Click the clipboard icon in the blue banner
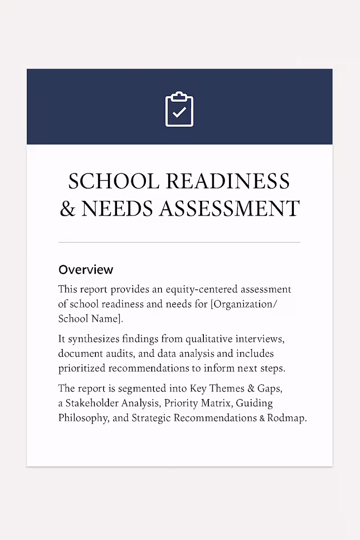tap(179, 109)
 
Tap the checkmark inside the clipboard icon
tap(179, 112)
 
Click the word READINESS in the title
tap(228, 181)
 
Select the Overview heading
tap(86, 270)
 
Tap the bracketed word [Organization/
tap(244, 304)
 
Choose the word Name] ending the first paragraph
tap(108, 319)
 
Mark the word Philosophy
tap(83, 418)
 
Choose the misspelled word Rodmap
tap(287, 418)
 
